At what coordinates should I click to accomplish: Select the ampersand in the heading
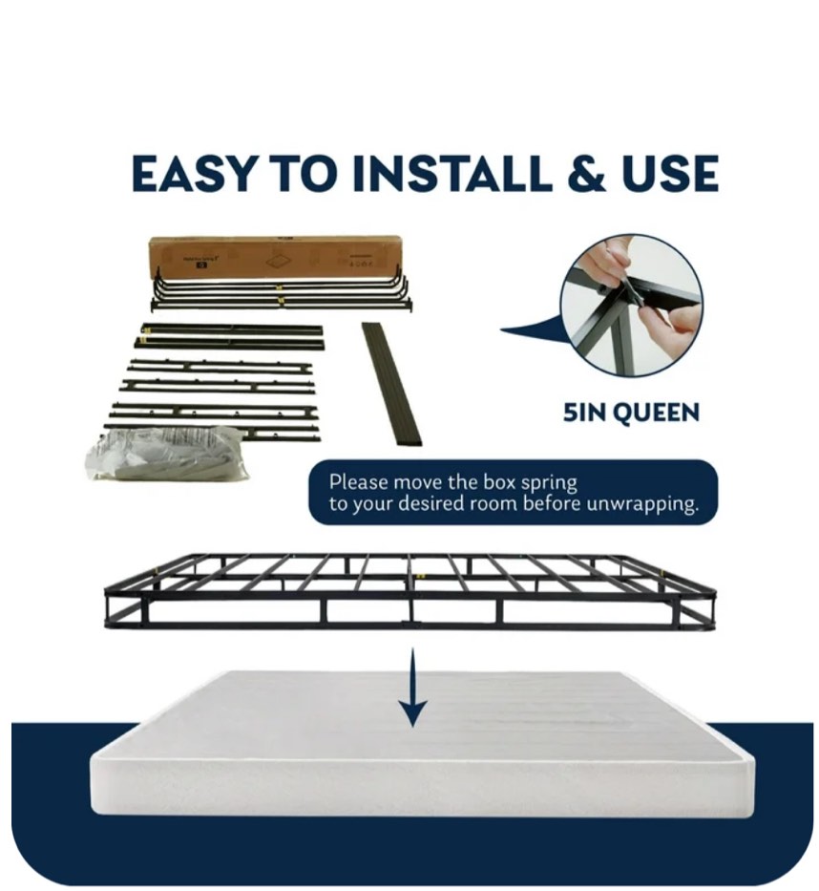click(590, 175)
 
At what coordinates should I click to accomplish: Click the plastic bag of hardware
click(166, 455)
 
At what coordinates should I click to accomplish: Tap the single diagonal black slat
click(391, 383)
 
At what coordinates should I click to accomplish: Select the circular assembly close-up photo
click(631, 305)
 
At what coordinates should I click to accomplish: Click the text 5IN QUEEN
click(630, 413)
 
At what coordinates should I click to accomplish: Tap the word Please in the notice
click(359, 483)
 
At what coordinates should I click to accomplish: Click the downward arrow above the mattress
click(412, 687)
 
